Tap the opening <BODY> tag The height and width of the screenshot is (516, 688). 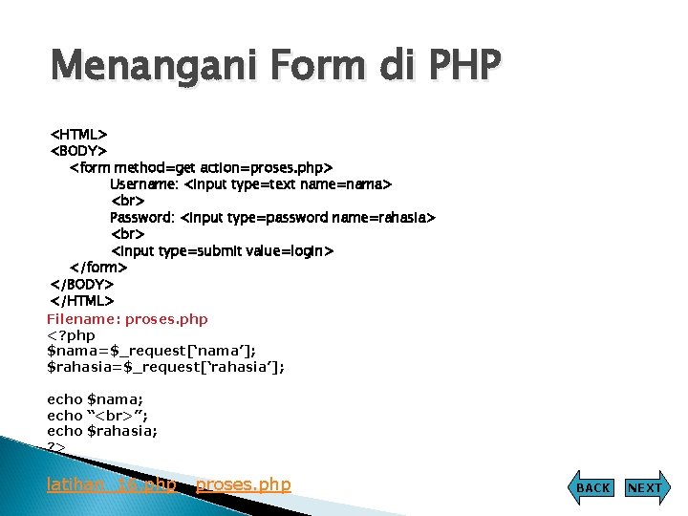[78, 151]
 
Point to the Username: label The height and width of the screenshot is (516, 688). [144, 184]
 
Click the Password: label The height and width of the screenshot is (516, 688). [142, 218]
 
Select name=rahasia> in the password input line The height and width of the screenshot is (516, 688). [383, 218]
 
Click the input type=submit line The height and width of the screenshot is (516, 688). [222, 251]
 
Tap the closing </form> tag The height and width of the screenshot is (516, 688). [98, 268]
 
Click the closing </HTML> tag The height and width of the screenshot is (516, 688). [81, 302]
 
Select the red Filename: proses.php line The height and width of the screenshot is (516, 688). [127, 319]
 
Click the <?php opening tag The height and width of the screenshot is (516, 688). [71, 335]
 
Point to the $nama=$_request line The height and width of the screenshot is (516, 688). [151, 352]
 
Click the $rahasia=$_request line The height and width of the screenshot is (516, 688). [165, 367]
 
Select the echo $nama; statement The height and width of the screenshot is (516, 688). [95, 399]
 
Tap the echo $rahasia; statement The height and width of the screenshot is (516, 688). [102, 431]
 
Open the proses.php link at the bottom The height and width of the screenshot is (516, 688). [243, 485]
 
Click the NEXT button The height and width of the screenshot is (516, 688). [644, 487]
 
